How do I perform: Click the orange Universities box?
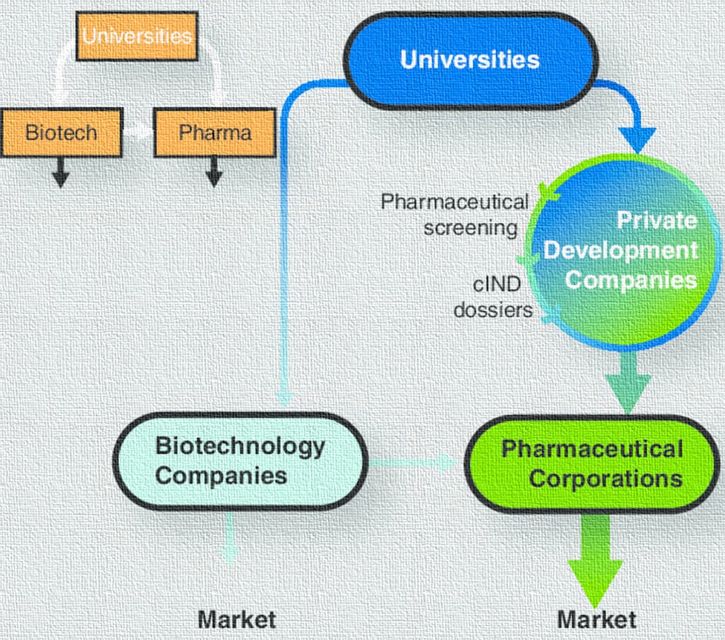[137, 35]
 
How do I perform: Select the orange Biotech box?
[62, 132]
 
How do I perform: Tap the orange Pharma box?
[215, 132]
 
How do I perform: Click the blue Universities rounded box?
[470, 60]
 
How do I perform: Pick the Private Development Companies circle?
[623, 251]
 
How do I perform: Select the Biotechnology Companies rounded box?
[240, 461]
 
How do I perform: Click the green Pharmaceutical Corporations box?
[592, 464]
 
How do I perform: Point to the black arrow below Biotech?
[61, 172]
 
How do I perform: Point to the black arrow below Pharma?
[214, 172]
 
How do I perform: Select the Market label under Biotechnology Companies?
[236, 619]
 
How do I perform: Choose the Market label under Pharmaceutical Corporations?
[596, 619]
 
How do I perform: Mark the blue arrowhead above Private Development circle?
[637, 138]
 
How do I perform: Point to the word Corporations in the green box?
[606, 479]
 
